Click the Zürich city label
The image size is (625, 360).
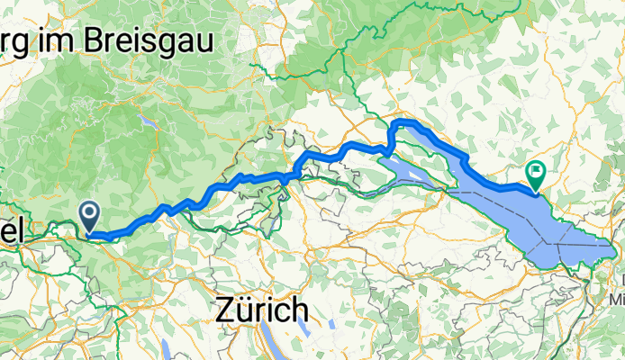point(262,311)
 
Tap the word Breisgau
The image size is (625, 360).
point(154,39)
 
